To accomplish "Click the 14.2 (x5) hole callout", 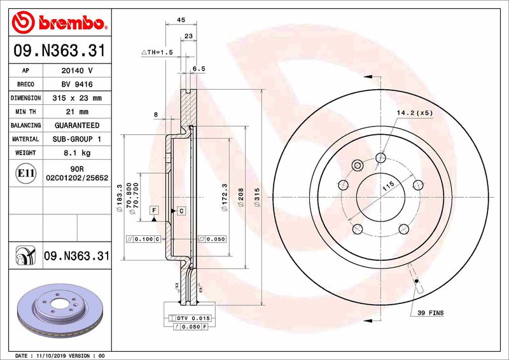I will point(414,113).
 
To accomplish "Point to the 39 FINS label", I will point(431,313).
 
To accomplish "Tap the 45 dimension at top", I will point(180,20).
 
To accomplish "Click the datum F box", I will point(153,210).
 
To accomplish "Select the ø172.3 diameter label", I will point(225,197).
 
